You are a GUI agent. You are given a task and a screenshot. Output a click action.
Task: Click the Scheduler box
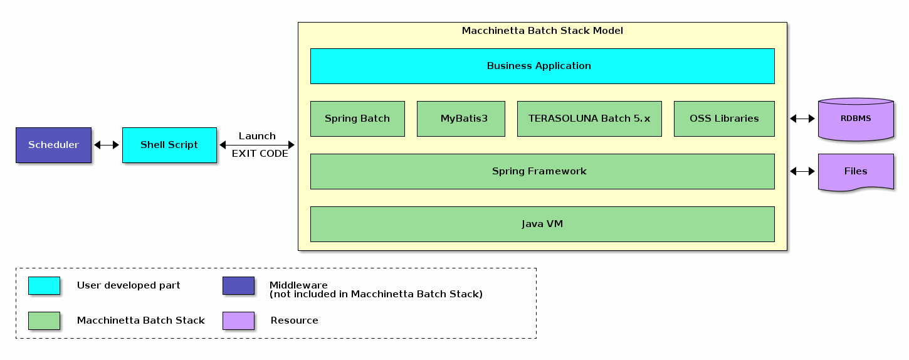[x=53, y=145]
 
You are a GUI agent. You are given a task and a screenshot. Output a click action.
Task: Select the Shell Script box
[x=169, y=145]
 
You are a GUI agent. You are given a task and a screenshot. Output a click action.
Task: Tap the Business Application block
[x=542, y=66]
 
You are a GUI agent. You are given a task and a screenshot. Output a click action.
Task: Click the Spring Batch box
[x=357, y=119]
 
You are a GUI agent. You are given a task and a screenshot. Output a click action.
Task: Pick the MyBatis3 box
[x=461, y=119]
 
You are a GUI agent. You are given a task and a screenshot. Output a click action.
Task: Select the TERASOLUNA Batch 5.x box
[x=589, y=119]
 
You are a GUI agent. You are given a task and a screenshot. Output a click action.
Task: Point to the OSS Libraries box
[x=724, y=119]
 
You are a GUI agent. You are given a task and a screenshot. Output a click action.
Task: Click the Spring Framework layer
[x=542, y=171]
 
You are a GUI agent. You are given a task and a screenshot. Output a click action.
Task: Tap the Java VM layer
[x=542, y=224]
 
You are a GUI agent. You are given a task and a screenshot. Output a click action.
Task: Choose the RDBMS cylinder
[x=856, y=119]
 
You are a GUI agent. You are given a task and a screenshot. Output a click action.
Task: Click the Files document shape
[x=856, y=171]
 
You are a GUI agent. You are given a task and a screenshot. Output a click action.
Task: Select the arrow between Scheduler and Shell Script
[x=107, y=145]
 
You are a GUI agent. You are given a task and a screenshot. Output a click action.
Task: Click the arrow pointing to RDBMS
[x=802, y=119]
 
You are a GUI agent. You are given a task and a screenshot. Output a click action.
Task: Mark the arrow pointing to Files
[x=802, y=171]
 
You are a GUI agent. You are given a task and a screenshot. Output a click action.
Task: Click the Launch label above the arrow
[x=257, y=136]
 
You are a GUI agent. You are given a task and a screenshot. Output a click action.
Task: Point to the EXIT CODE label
[x=260, y=154]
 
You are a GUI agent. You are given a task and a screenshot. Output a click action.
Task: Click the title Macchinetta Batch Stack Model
[x=542, y=31]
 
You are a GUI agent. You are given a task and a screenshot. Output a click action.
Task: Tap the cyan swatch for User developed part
[x=44, y=285]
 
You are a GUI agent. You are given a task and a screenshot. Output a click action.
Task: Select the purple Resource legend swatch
[x=238, y=320]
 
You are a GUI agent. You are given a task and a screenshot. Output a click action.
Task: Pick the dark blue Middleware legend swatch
[x=238, y=285]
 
